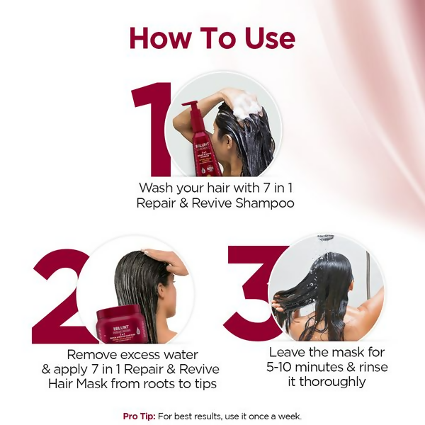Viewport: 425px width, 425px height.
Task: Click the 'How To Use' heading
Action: coord(212,38)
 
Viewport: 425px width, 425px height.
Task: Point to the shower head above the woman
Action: coord(326,238)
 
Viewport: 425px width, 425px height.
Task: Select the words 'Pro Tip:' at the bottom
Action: coord(140,416)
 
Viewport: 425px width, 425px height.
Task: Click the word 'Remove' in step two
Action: coord(92,354)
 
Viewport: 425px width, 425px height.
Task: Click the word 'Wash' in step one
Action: coord(156,188)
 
